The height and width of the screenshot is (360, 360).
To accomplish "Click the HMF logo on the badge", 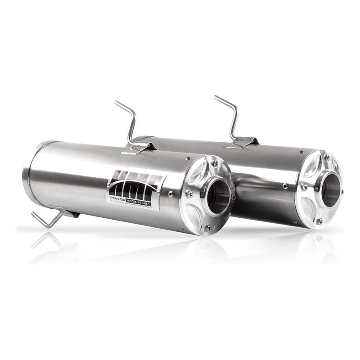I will (x=135, y=183).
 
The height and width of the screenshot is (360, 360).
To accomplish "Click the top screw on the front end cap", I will (x=215, y=164).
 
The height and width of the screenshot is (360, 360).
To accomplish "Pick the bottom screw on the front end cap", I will (x=208, y=228).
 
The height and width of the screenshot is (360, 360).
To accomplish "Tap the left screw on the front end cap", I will (x=189, y=194).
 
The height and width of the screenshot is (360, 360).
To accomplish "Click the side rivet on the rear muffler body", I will (x=285, y=185).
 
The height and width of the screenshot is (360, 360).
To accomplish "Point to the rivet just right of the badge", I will (x=171, y=193).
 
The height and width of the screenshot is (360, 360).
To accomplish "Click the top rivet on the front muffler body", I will (x=189, y=158).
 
